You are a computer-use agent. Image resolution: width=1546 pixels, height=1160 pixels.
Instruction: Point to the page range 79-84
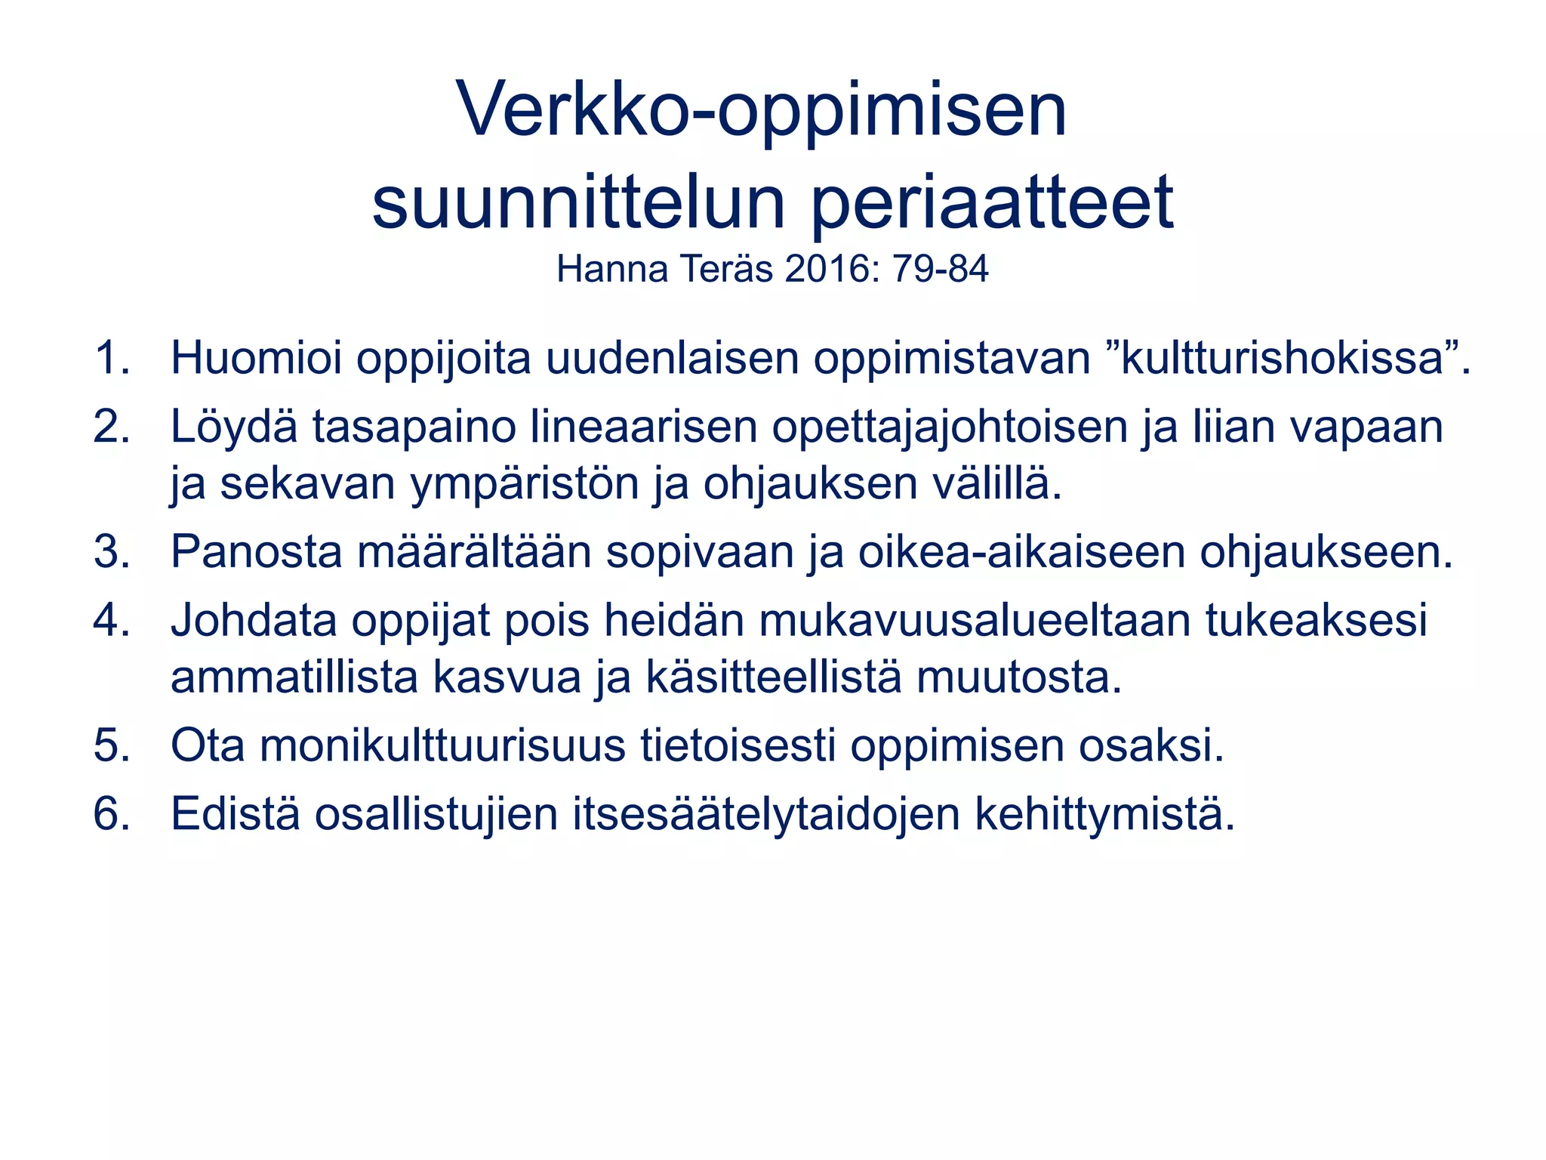940,269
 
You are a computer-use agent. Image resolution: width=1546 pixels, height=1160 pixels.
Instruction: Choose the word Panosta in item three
257,552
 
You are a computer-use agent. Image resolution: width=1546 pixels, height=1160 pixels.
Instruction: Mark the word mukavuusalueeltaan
975,620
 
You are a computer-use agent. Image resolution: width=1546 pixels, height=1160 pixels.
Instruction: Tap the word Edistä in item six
235,814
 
